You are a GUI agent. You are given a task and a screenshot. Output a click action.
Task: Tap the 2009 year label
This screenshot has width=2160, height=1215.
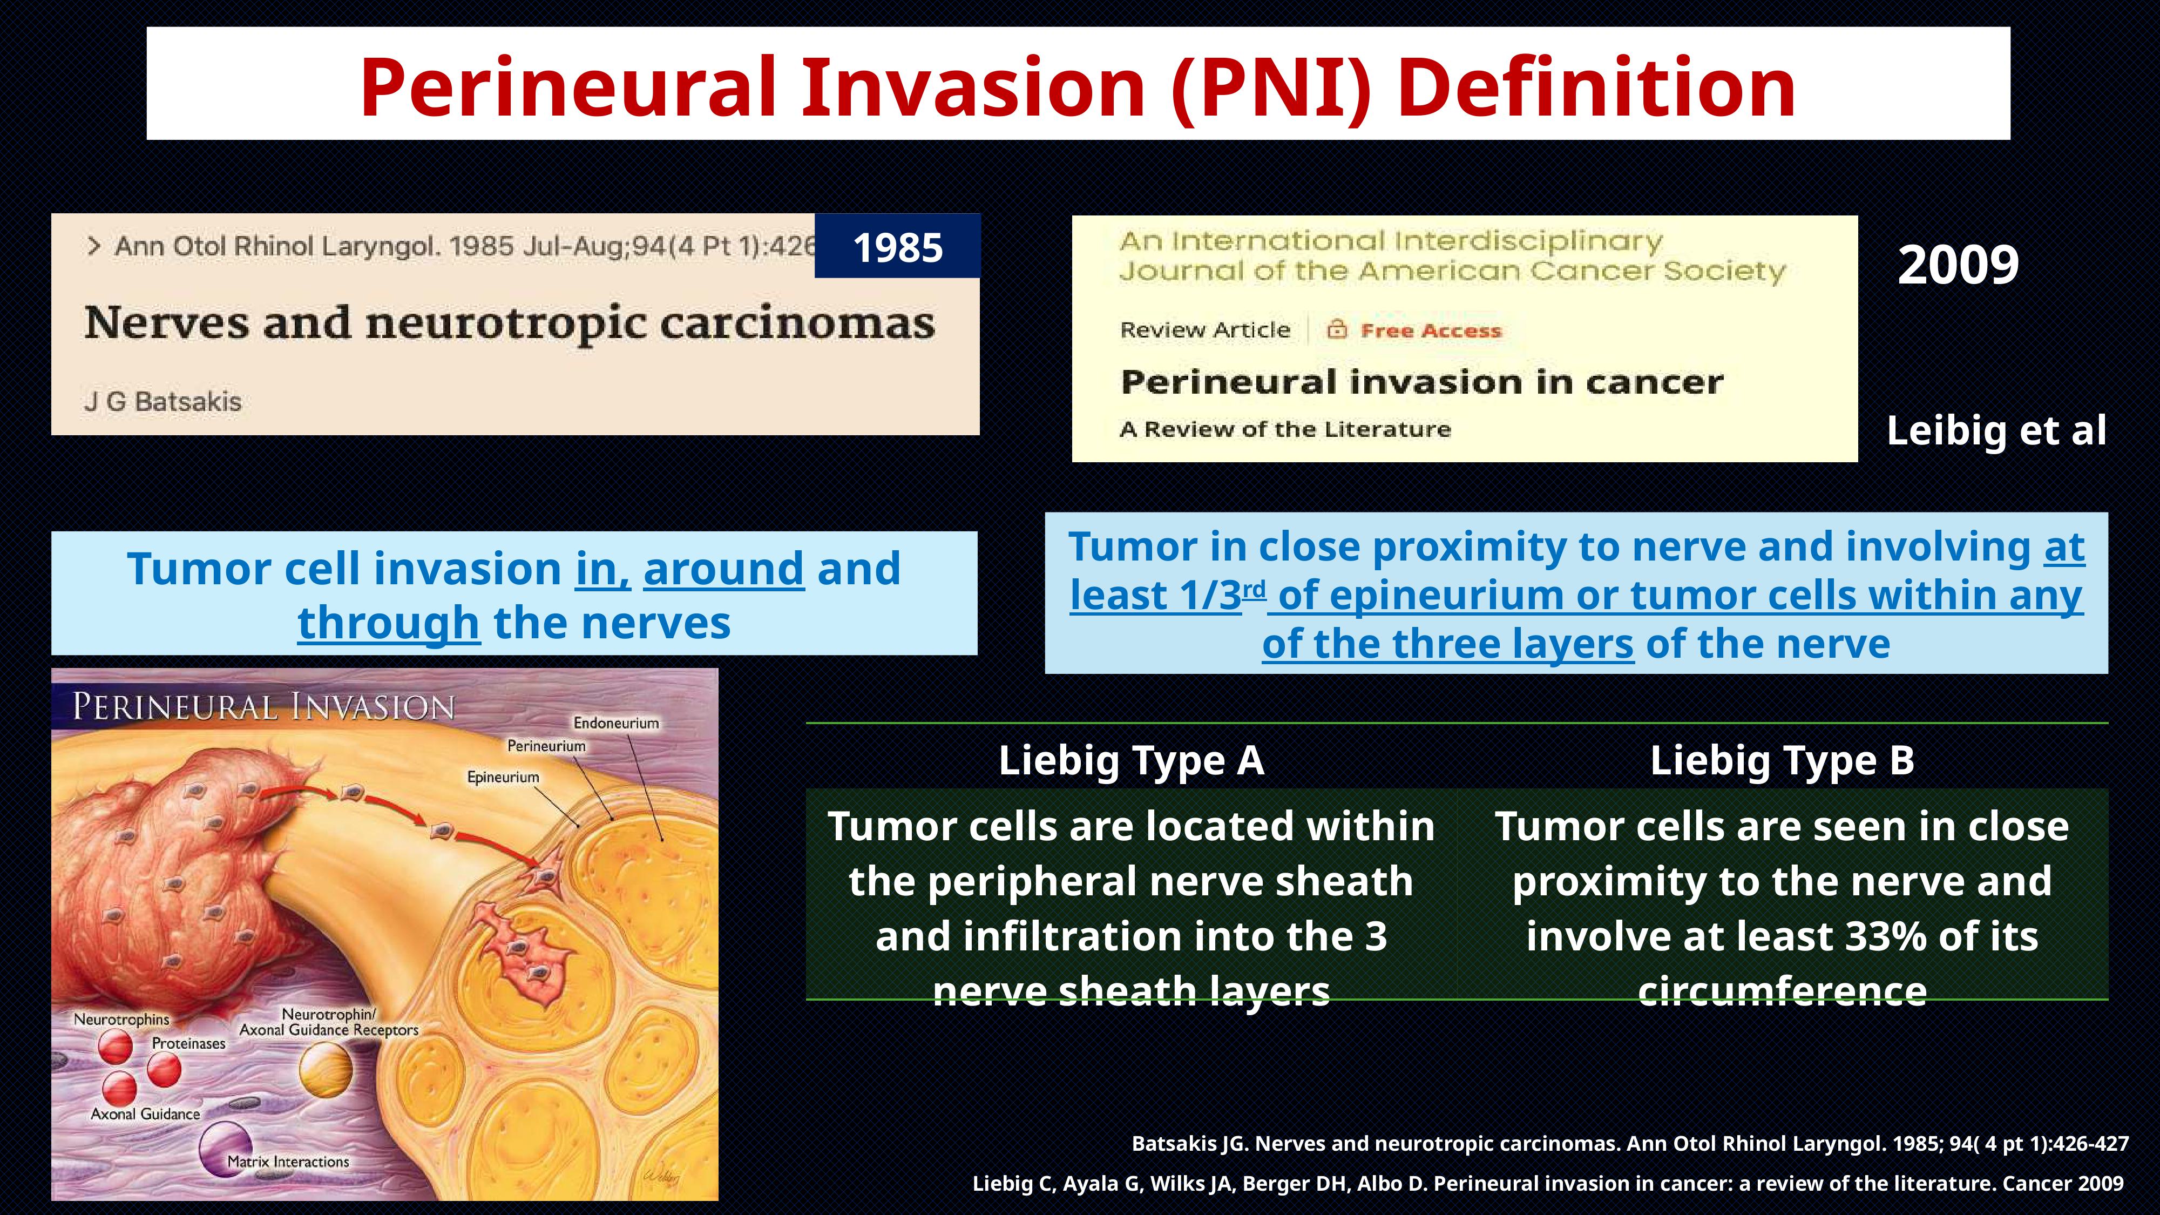[1958, 265]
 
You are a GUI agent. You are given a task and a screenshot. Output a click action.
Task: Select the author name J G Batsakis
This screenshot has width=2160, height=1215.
[162, 402]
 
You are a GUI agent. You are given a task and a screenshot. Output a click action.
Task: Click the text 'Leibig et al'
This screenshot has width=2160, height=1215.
[1996, 431]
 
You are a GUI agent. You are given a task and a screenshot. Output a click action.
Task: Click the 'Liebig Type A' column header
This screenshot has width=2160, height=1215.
[1131, 760]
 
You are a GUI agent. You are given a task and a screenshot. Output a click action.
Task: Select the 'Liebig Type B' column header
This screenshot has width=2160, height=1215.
[1783, 760]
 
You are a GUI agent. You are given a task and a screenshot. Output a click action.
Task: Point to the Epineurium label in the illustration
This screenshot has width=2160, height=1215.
[503, 777]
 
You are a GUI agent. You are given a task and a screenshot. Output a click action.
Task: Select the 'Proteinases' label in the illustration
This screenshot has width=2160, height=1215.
[188, 1044]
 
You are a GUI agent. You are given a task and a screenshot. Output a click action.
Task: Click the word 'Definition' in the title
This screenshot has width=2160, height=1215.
[1596, 87]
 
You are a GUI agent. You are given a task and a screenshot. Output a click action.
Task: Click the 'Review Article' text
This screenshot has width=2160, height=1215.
[1205, 329]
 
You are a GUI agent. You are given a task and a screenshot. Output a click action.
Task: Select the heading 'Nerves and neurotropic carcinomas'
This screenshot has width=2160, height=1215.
[509, 323]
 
